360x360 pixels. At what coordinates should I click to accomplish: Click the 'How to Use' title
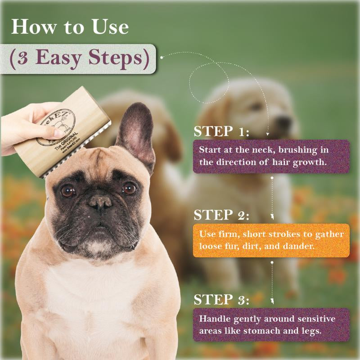coord(70,27)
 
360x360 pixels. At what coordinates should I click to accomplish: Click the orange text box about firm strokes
coord(271,240)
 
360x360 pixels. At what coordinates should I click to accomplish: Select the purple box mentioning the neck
coord(271,156)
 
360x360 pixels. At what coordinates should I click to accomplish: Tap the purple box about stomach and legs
coord(271,324)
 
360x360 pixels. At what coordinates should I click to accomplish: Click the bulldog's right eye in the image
coord(129,188)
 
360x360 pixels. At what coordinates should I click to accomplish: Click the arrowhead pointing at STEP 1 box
coord(268,134)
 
